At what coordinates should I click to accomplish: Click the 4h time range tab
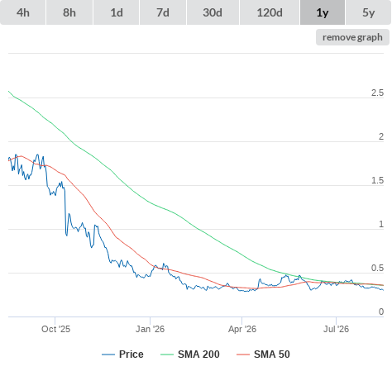pyautogui.click(x=22, y=12)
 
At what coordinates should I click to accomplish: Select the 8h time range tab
pyautogui.click(x=69, y=12)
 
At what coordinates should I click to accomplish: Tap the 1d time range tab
pyautogui.click(x=117, y=12)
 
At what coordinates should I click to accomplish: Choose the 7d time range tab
pyautogui.click(x=163, y=12)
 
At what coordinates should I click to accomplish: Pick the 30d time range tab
pyautogui.click(x=213, y=12)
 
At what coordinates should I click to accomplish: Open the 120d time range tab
pyautogui.click(x=270, y=12)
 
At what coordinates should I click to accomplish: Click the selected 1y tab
pyautogui.click(x=323, y=12)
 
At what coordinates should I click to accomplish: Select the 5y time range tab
pyautogui.click(x=368, y=12)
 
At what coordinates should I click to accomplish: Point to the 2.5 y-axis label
pyautogui.click(x=377, y=93)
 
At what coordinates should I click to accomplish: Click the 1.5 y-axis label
pyautogui.click(x=377, y=180)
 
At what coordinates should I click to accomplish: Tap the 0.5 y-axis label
pyautogui.click(x=377, y=268)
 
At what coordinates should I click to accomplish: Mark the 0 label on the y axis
pyautogui.click(x=381, y=312)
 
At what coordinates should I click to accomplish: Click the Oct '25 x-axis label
pyautogui.click(x=55, y=329)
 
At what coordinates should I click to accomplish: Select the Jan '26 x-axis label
pyautogui.click(x=150, y=329)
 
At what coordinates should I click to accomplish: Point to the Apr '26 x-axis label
pyautogui.click(x=242, y=329)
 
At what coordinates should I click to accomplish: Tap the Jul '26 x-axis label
pyautogui.click(x=336, y=329)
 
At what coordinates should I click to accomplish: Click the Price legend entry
pyautogui.click(x=122, y=355)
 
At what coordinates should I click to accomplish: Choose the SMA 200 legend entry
pyautogui.click(x=190, y=355)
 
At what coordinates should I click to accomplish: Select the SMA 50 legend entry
pyautogui.click(x=263, y=355)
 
